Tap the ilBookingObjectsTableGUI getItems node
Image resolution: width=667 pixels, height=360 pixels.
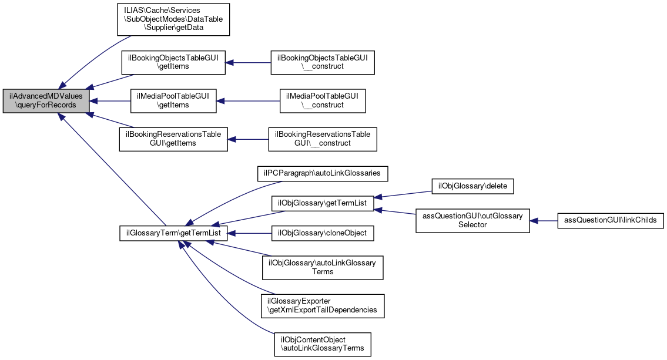pos(173,62)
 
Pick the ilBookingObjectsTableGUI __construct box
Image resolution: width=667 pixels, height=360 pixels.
pos(323,62)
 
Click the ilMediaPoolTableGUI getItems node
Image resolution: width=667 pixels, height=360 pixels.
pos(173,101)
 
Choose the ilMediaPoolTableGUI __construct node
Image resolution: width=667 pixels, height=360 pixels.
pos(323,101)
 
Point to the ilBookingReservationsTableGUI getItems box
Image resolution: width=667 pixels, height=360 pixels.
pos(173,139)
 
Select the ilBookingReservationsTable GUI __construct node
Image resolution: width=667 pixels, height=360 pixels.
pos(323,139)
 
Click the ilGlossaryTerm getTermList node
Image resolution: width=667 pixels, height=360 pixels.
pos(173,233)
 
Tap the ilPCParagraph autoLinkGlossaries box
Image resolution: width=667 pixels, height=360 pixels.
pos(323,173)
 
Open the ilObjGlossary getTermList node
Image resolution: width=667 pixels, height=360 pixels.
pos(323,203)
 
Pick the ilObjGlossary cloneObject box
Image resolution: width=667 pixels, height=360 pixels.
pos(323,233)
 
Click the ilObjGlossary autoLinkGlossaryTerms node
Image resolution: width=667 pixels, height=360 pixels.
pos(323,267)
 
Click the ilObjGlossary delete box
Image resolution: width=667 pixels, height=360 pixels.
pos(473,186)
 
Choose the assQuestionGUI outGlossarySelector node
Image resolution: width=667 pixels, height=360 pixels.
pos(473,220)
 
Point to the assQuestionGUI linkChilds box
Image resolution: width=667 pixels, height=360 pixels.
pos(611,220)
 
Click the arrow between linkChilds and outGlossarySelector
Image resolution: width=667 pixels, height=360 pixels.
pos(544,220)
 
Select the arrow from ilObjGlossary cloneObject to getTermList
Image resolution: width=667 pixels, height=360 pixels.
pos(249,233)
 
